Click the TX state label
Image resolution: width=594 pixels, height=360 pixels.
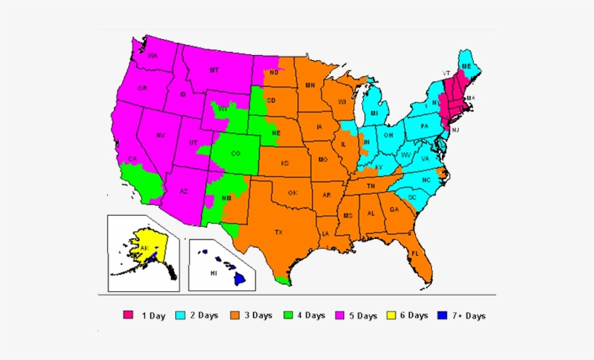click(x=278, y=232)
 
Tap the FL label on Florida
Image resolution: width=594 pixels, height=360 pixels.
click(x=415, y=254)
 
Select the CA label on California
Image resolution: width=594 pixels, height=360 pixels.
click(x=133, y=159)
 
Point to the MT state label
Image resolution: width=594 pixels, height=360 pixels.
click(x=214, y=70)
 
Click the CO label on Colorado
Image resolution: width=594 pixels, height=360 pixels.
click(x=235, y=154)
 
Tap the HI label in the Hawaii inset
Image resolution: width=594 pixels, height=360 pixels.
click(x=214, y=274)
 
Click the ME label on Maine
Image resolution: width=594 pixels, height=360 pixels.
click(x=467, y=66)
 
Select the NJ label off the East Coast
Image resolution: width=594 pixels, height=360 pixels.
click(x=456, y=129)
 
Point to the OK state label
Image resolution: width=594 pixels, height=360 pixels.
click(x=293, y=193)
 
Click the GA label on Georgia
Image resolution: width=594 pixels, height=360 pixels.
click(x=394, y=210)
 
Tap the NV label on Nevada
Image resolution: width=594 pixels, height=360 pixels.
click(x=161, y=135)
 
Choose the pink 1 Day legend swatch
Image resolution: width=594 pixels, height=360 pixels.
click(x=128, y=315)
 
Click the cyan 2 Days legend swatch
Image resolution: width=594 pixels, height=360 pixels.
click(x=180, y=315)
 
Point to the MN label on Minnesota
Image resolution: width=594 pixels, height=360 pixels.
click(x=309, y=85)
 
